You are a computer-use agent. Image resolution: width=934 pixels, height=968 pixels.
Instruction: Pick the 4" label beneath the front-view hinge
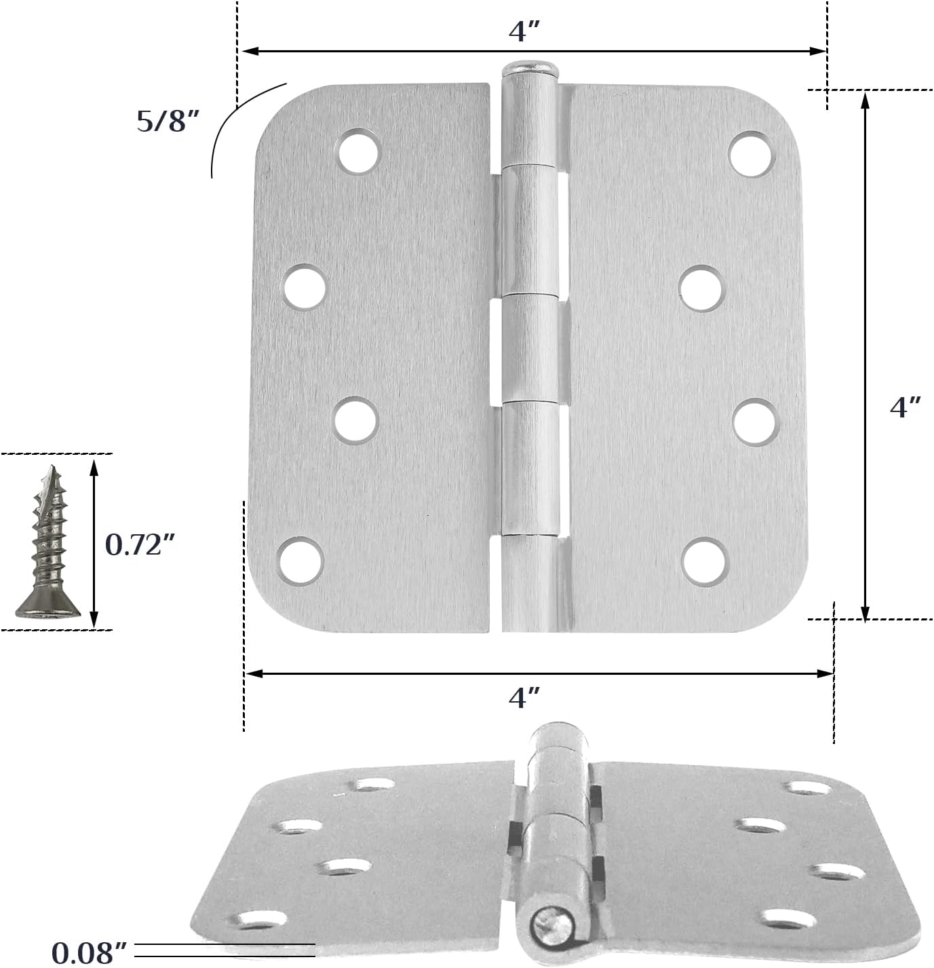pyautogui.click(x=524, y=697)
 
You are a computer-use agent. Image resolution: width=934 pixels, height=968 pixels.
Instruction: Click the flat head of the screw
pyautogui.click(x=48, y=608)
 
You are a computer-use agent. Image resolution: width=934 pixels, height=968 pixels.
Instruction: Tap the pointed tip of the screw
pyautogui.click(x=52, y=469)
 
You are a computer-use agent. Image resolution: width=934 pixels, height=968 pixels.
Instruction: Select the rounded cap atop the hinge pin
pyautogui.click(x=530, y=68)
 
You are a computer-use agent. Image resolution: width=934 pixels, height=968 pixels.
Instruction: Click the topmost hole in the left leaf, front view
pyautogui.click(x=359, y=150)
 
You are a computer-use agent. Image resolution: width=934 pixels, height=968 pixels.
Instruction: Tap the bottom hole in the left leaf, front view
pyautogui.click(x=300, y=561)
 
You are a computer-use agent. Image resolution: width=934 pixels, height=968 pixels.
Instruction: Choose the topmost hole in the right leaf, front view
pyautogui.click(x=752, y=153)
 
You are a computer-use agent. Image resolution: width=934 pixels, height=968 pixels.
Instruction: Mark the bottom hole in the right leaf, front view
pyautogui.click(x=705, y=561)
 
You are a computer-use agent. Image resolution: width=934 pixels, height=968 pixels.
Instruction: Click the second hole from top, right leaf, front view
pyautogui.click(x=701, y=288)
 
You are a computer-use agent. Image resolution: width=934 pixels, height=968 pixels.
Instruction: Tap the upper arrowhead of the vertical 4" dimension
pyautogui.click(x=865, y=100)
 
